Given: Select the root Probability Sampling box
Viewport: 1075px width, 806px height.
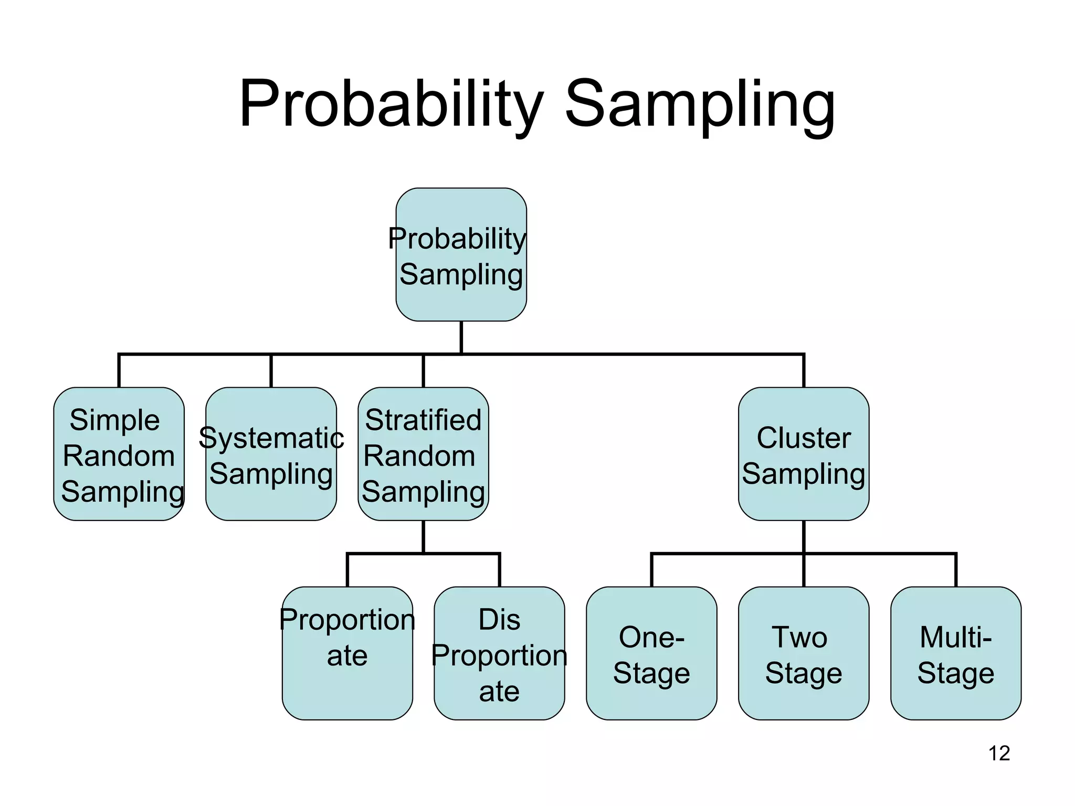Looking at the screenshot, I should point(461,254).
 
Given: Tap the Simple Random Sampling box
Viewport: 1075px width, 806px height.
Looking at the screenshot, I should point(119,454).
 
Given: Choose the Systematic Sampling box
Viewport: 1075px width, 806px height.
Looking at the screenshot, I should point(271,454).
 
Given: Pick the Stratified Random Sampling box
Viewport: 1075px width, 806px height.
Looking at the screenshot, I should point(423,454).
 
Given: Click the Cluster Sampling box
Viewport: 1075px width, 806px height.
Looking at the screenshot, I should point(803,454).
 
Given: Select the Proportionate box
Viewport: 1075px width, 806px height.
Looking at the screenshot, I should point(347,653).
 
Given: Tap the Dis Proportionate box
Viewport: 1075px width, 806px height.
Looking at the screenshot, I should point(499,653).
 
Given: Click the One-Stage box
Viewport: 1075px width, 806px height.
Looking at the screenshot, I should point(651,653).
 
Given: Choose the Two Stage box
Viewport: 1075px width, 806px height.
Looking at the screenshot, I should point(803,653).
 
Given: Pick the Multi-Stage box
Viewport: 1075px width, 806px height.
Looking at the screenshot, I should point(955,653).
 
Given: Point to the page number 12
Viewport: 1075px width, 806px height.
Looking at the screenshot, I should point(999,754).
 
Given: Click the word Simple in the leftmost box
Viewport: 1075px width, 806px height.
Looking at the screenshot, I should point(114,420).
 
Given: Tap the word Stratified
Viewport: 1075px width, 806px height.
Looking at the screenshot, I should point(423,420).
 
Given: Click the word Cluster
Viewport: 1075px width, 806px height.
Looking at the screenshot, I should point(803,438).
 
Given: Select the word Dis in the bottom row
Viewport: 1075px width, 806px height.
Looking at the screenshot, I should point(499,620).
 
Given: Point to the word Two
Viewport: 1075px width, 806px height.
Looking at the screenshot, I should point(799,638).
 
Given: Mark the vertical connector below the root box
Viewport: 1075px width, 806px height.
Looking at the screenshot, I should point(461,337).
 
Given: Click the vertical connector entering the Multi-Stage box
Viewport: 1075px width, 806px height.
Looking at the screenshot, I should point(955,570).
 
